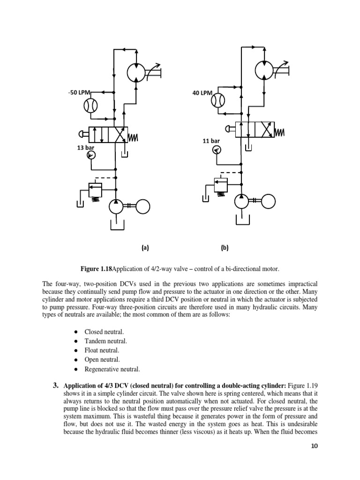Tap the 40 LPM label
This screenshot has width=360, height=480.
coord(202,93)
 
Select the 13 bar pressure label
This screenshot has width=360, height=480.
coord(85,148)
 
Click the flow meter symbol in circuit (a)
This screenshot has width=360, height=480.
coord(90,106)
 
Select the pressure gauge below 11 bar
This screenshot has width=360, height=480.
coord(217,150)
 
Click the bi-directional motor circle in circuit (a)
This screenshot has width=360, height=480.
coord(137,73)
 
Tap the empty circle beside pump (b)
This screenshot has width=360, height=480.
coord(269,201)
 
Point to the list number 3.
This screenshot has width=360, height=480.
coord(55,386)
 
